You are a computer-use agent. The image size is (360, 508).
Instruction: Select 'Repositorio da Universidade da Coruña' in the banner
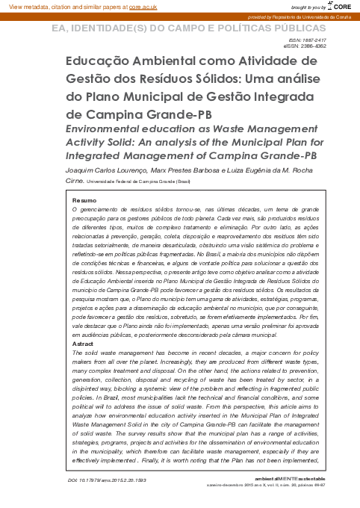coord(313,16)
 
